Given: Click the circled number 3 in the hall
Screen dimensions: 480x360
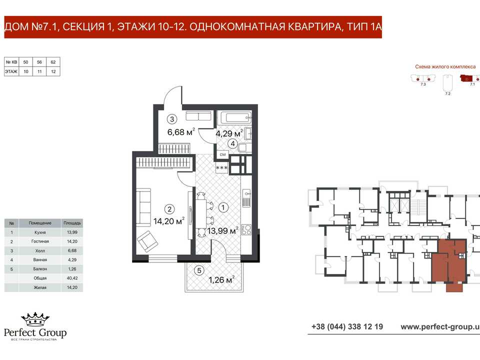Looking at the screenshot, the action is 172,119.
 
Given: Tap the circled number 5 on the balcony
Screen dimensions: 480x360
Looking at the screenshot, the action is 199,270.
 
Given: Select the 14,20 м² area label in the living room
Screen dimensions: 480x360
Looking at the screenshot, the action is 169,220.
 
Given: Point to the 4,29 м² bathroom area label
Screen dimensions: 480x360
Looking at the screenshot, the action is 229,133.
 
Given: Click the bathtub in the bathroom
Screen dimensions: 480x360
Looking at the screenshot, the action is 234,117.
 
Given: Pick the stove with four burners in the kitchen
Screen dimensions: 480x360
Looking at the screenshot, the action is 246,229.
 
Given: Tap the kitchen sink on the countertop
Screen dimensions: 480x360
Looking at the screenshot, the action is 246,198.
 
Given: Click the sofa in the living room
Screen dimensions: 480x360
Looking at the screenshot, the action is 143,207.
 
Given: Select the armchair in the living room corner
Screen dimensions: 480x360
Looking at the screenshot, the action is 147,241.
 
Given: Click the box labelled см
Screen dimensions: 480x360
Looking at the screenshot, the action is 222,154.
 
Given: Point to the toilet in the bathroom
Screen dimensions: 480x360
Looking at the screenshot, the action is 242,147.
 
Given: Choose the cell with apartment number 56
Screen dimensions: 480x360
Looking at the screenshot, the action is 39,62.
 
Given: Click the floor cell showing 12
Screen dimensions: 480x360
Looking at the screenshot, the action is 53,71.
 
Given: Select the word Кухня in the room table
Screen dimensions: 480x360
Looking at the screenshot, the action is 40,232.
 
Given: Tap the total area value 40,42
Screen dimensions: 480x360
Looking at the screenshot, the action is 72,278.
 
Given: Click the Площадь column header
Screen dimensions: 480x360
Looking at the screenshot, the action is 72,223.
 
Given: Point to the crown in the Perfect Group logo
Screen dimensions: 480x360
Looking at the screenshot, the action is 35,319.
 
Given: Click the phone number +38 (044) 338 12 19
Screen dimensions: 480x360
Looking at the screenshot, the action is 347,326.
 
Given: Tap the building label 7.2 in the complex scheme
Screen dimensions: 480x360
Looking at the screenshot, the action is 447,93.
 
